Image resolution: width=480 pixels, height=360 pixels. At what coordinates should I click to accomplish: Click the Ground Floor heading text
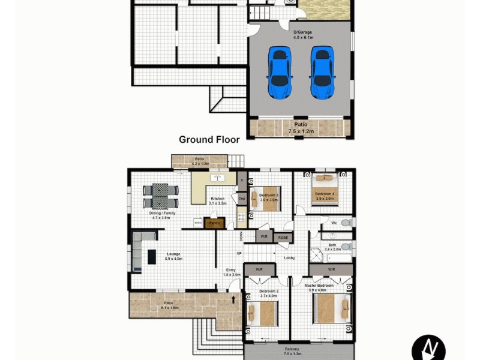pyautogui.click(x=209, y=139)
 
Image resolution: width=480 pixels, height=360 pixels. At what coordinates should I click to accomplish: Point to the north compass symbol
pyautogui.click(x=428, y=347)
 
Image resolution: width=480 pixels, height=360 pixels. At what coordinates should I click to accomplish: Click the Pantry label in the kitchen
pyautogui.click(x=214, y=223)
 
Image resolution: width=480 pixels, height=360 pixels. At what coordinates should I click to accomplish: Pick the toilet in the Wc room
pyautogui.click(x=344, y=223)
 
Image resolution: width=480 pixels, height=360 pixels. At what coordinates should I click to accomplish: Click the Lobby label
pyautogui.click(x=289, y=257)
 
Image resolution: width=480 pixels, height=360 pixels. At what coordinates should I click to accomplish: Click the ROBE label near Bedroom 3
pyautogui.click(x=283, y=238)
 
